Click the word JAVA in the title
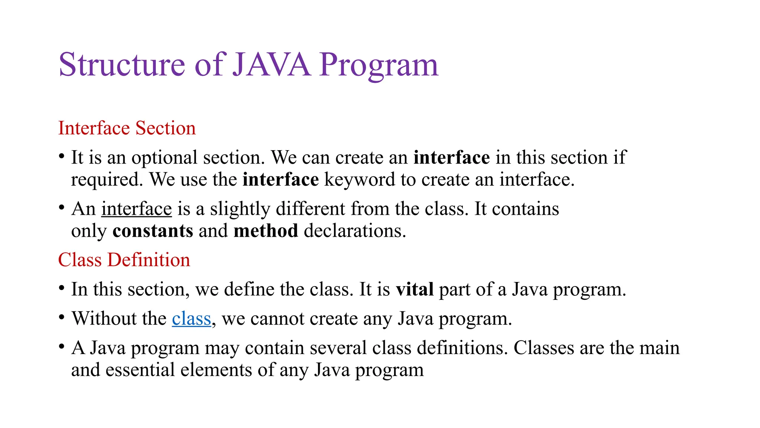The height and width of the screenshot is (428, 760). tap(271, 65)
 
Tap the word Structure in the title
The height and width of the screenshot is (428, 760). tap(122, 65)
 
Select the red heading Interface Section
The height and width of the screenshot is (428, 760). tap(127, 128)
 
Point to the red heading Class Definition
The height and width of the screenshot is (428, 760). tap(124, 260)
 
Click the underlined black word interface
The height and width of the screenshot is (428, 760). tap(137, 209)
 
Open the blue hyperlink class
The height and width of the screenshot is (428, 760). tap(191, 319)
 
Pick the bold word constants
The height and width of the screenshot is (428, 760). tap(153, 231)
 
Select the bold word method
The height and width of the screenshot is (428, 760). tap(266, 231)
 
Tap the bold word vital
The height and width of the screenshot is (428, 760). tap(415, 289)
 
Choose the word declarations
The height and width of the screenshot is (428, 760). tap(355, 231)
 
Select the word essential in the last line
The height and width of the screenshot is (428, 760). tap(140, 370)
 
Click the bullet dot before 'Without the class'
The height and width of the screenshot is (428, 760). tap(62, 318)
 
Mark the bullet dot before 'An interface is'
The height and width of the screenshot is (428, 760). tap(62, 208)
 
